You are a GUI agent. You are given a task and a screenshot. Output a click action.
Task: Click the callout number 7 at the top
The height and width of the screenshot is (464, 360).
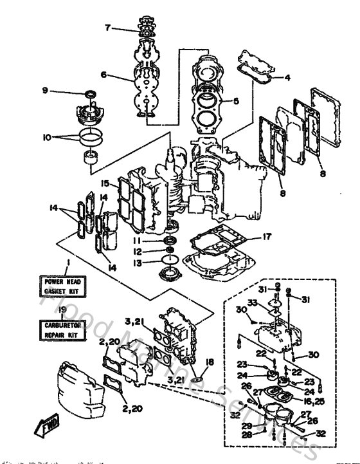(109, 27)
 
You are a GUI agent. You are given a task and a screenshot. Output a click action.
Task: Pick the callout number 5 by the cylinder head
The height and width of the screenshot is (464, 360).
(236, 100)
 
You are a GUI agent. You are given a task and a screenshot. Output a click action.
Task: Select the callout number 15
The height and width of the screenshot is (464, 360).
(104, 183)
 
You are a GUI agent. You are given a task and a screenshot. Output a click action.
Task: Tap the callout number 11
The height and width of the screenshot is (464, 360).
(147, 239)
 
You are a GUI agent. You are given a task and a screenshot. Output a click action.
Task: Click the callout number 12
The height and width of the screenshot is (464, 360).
(147, 251)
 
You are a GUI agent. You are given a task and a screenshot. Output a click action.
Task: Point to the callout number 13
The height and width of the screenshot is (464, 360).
(147, 263)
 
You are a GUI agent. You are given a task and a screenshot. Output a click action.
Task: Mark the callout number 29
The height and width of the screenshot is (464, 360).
(247, 427)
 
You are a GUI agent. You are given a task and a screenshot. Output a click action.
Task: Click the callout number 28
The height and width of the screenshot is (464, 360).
(247, 436)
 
